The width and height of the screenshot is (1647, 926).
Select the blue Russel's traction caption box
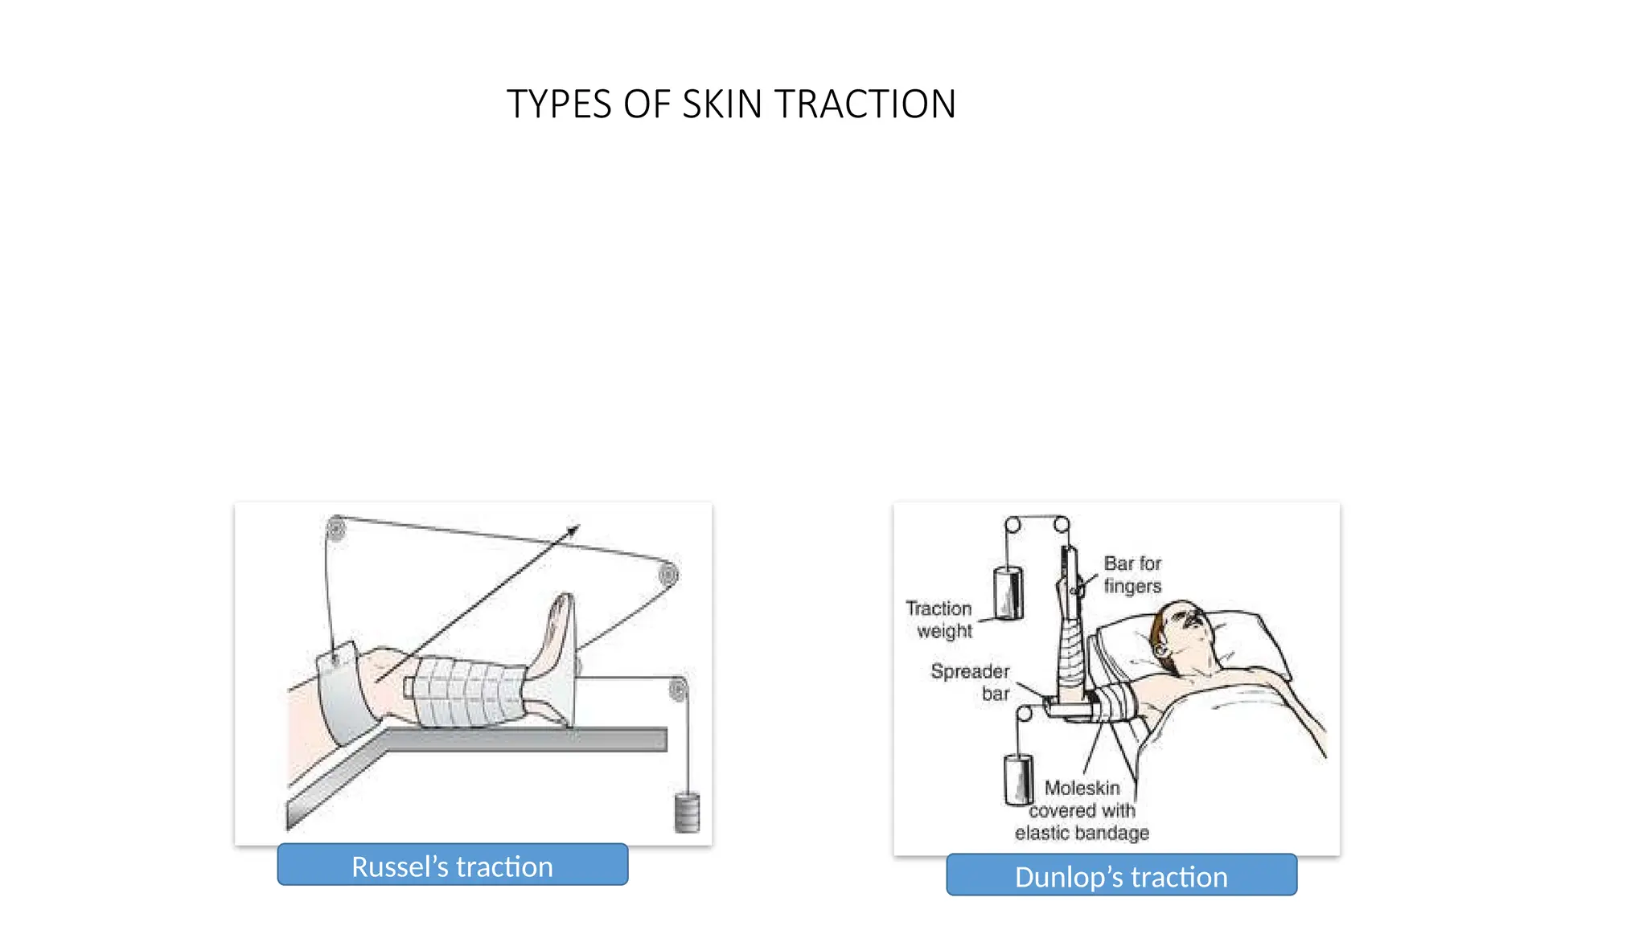[453, 865]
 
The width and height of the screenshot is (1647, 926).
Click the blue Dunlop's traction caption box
[1122, 875]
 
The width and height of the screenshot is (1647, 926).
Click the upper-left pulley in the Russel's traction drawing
[336, 528]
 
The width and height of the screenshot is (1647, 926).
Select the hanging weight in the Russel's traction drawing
[687, 813]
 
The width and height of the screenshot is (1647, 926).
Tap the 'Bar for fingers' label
[1132, 575]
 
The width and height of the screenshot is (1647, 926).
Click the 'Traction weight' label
[939, 620]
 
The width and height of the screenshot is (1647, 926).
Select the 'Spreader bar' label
[971, 682]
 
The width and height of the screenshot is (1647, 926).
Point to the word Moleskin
[1082, 788]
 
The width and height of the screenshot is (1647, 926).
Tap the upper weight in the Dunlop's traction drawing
[1008, 593]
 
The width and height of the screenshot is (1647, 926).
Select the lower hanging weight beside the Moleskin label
[1018, 779]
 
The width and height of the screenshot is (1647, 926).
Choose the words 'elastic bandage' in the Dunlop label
[1082, 833]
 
